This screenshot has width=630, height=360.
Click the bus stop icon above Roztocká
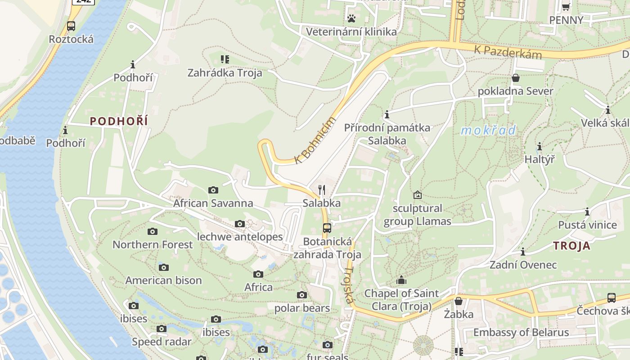coord(71,26)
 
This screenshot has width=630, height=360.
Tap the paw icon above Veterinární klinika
coord(351,18)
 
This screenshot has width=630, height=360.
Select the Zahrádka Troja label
coord(225,72)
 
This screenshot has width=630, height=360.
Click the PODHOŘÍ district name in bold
coord(119,121)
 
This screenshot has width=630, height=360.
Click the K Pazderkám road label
coord(508,52)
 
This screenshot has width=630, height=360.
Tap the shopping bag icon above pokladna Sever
coord(516,78)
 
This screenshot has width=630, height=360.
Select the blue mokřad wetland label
coord(489,130)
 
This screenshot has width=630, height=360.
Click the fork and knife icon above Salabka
coord(322,189)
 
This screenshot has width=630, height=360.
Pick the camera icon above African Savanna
coord(213,190)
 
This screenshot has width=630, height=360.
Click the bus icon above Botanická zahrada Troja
coord(327,228)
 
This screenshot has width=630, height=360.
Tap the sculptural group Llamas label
coord(417,215)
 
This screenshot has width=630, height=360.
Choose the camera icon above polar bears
coord(302,295)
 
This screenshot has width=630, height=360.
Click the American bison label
coord(163,280)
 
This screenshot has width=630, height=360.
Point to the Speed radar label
coord(162,342)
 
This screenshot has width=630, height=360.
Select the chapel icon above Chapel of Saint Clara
coord(401,280)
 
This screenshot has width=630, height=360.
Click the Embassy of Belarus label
coord(521,333)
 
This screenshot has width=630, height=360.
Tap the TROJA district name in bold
coord(571,246)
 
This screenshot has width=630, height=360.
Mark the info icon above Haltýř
coord(540,147)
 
